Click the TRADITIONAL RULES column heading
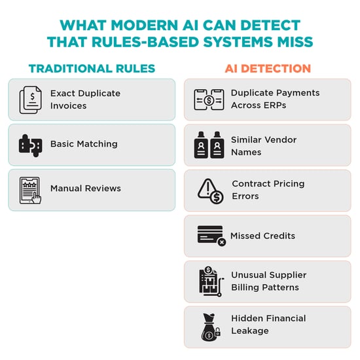click(x=92, y=69)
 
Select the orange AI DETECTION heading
click(x=268, y=69)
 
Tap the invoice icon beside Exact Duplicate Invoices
click(x=31, y=100)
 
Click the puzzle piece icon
click(x=30, y=145)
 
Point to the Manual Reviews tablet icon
click(x=30, y=190)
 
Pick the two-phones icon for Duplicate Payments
click(x=209, y=99)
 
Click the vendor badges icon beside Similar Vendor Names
click(x=209, y=145)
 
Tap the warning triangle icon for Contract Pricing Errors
click(x=210, y=191)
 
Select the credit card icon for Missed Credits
click(x=211, y=236)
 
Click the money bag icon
click(x=211, y=327)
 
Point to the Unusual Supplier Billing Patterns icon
click(x=211, y=281)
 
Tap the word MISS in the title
click(x=295, y=42)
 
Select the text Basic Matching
click(x=84, y=144)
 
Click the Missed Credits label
click(x=262, y=236)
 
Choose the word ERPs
click(x=275, y=105)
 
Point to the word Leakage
click(x=250, y=331)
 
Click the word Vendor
click(x=280, y=139)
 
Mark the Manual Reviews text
click(x=86, y=189)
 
